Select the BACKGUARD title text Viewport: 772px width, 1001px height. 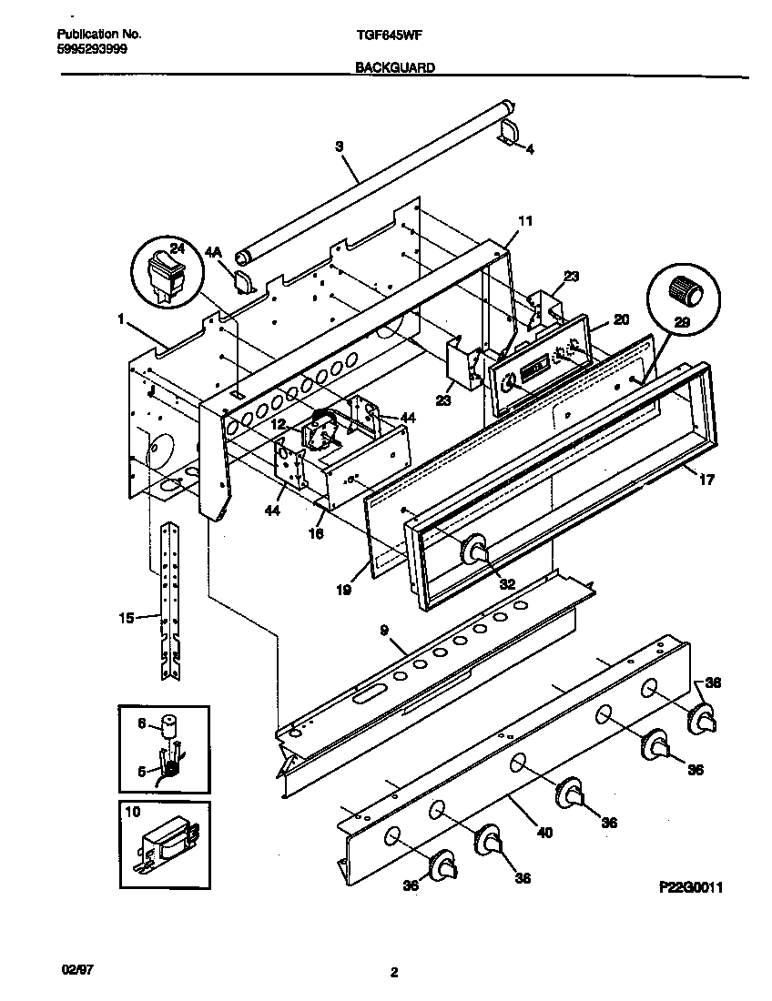coord(394,67)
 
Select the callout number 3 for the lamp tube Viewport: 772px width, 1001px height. coord(339,146)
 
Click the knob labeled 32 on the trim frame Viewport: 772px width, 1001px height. coord(473,551)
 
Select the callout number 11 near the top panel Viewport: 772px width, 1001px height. coord(525,221)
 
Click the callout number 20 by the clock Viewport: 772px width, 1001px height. coord(621,319)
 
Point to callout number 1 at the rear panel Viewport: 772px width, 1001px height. coord(121,318)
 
